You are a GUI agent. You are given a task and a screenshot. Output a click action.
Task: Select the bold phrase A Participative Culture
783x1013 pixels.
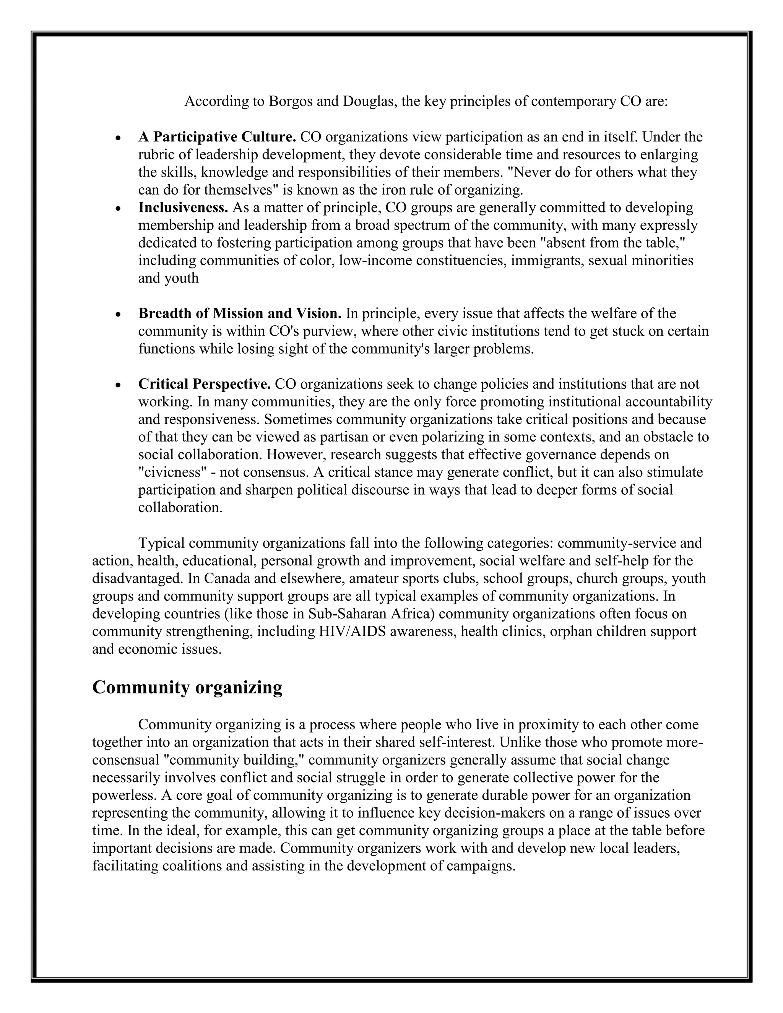217,137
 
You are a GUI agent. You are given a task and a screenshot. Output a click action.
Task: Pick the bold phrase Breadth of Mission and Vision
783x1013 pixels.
240,313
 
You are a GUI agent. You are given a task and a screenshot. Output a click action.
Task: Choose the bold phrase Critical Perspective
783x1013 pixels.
204,384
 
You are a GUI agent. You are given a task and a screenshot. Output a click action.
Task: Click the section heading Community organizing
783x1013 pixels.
187,687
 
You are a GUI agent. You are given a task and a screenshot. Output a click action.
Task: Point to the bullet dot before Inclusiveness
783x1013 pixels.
119,209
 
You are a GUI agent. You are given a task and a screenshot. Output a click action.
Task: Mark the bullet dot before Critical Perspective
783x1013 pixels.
119,385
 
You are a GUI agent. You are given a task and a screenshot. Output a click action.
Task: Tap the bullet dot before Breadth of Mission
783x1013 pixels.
119,315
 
